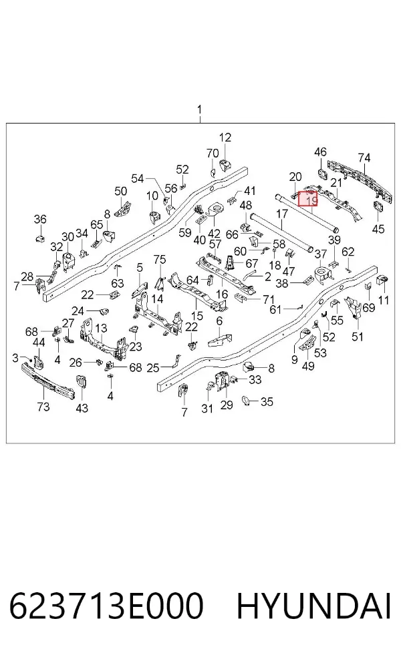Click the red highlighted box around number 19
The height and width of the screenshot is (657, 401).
point(308,198)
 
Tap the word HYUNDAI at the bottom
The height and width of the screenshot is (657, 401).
point(314,607)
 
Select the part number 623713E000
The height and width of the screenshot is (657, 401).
point(106,607)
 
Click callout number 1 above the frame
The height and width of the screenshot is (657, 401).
point(200,109)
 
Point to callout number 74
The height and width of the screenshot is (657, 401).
point(364,158)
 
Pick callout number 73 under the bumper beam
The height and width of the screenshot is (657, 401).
point(43,407)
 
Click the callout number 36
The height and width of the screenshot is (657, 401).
point(40,219)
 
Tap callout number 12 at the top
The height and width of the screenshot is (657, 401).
point(225,138)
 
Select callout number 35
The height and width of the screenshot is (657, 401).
point(267,402)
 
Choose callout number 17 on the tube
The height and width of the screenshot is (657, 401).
point(282,214)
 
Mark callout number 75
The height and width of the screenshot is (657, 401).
point(160,259)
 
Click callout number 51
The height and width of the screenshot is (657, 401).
point(358,337)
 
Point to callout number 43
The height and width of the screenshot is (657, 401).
point(82,407)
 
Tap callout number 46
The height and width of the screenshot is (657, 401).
point(320,152)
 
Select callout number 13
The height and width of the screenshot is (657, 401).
point(101,328)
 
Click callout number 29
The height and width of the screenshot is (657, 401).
point(227,405)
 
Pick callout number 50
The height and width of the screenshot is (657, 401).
point(121,192)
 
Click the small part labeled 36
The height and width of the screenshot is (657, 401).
point(39,239)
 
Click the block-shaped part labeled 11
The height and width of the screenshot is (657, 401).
point(384,280)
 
